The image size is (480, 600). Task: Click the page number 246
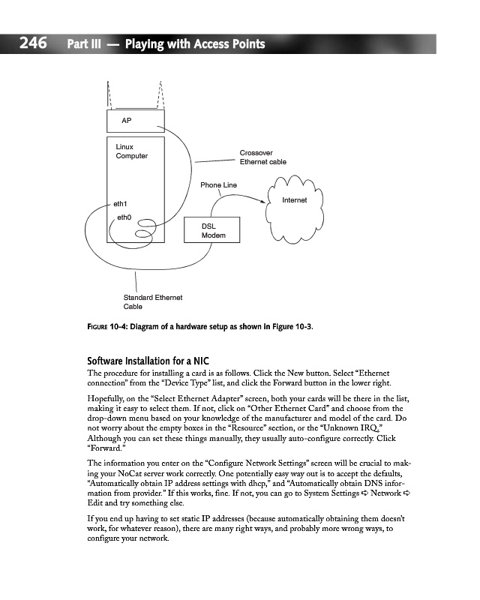click(x=34, y=44)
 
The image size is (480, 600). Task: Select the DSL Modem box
click(x=212, y=230)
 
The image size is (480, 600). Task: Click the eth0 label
click(x=124, y=217)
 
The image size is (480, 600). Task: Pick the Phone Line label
click(x=218, y=184)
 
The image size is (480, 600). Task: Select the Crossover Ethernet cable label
click(x=262, y=157)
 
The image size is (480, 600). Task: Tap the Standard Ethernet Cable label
click(x=153, y=301)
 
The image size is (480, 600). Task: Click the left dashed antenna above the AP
click(x=109, y=94)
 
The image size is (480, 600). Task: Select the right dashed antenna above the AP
click(x=160, y=94)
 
